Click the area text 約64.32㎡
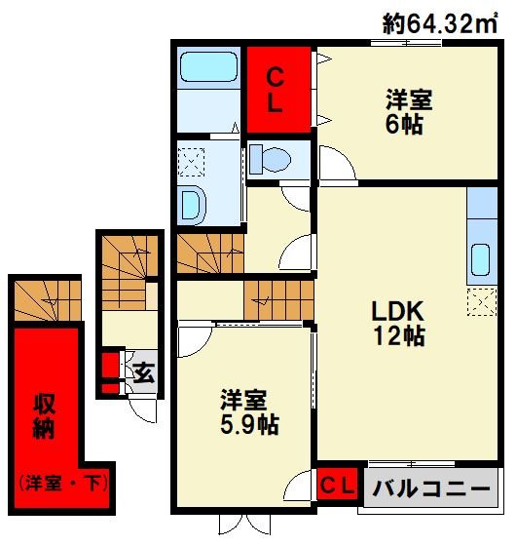tap(440, 23)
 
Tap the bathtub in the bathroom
tap(209, 67)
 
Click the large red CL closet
tap(278, 90)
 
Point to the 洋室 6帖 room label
tap(409, 111)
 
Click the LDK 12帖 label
tap(398, 323)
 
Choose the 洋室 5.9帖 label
tap(249, 412)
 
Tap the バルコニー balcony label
tap(431, 488)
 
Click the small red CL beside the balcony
tap(338, 485)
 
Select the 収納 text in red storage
tap(44, 417)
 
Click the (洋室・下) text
tap(63, 484)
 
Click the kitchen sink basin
tap(481, 259)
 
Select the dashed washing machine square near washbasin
tap(191, 162)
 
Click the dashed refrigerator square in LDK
tap(482, 302)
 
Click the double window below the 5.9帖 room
tap(244, 525)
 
